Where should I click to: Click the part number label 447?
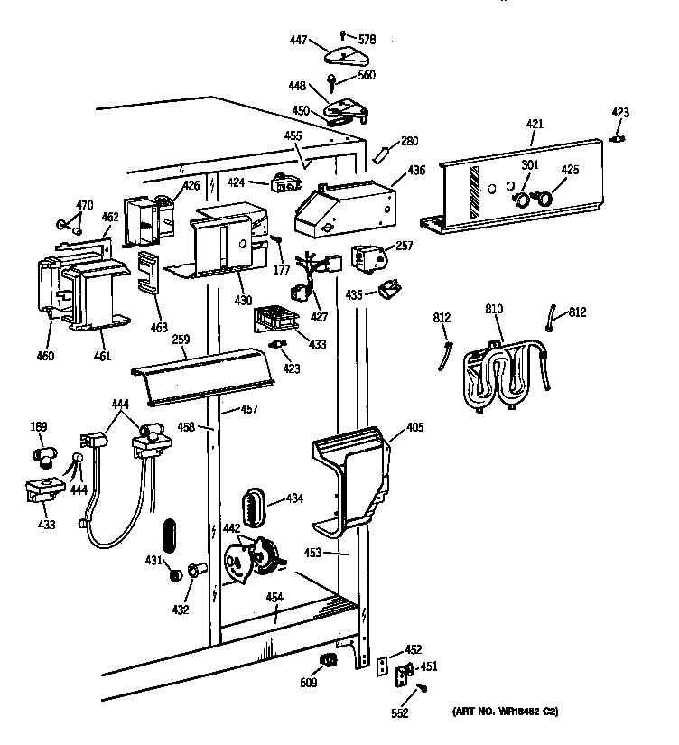point(298,41)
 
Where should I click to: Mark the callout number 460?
point(45,355)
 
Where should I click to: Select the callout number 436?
point(415,170)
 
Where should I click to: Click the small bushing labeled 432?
point(196,571)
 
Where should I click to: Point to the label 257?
point(404,245)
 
